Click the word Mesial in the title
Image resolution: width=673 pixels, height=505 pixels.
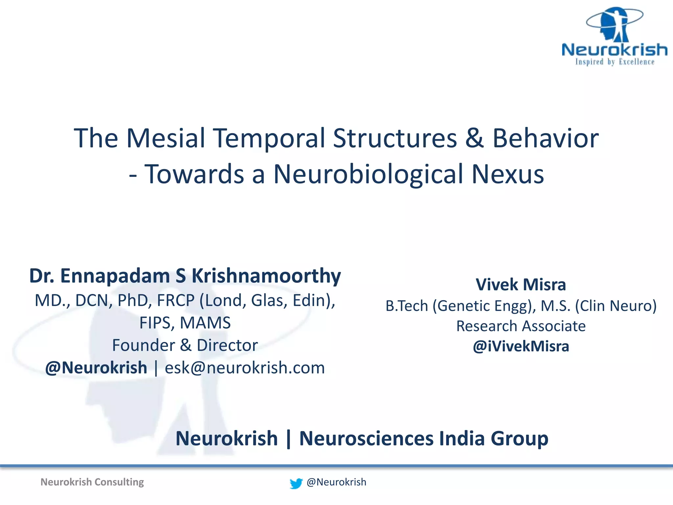point(166,138)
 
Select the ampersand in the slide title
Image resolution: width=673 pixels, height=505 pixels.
point(474,138)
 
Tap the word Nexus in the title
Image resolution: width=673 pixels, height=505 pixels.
point(508,174)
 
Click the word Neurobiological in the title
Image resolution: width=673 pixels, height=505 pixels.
point(368,174)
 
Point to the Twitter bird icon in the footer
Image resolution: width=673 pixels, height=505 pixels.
point(296,483)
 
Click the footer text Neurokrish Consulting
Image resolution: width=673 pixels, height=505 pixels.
point(92,482)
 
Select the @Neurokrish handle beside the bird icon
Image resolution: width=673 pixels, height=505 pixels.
point(336,482)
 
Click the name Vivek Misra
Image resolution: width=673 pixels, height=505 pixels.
point(521,285)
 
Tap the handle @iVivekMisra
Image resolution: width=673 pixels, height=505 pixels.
point(521,347)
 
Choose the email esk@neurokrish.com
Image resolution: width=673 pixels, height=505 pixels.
point(245,368)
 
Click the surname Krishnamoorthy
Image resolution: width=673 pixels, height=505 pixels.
point(266,276)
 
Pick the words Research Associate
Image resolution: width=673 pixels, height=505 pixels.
point(521,326)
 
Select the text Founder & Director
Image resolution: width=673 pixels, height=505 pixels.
point(185,345)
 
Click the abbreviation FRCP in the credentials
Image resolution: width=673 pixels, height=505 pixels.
point(176,301)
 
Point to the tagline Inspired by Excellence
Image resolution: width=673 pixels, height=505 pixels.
point(615,62)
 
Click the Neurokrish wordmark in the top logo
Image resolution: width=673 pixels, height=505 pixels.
point(615,50)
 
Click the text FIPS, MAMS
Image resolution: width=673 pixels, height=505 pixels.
point(185,323)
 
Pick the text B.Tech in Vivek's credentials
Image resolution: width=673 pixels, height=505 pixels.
point(407,306)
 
